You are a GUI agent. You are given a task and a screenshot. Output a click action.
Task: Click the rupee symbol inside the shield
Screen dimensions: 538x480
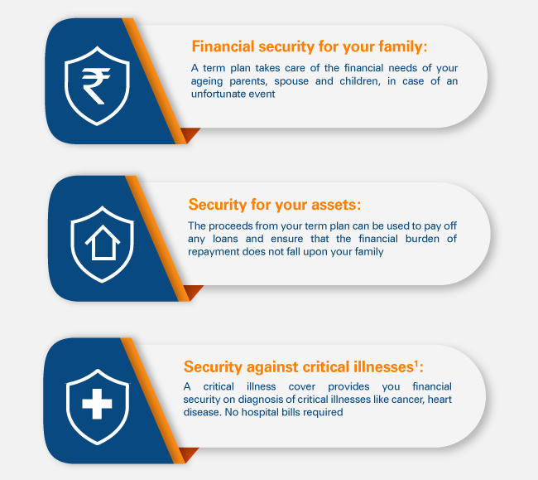(x=96, y=86)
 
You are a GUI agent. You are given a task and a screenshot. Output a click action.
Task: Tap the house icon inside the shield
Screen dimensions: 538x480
(x=103, y=243)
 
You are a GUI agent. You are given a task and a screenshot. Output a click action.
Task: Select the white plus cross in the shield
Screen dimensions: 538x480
(x=97, y=404)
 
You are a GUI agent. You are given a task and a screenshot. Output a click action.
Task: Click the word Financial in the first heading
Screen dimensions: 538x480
(x=223, y=46)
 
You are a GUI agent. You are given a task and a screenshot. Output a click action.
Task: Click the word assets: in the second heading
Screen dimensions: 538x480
(x=336, y=205)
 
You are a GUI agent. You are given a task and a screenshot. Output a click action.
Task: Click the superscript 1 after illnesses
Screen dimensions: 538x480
(x=416, y=363)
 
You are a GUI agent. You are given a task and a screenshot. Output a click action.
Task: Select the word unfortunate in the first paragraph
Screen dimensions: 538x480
(x=218, y=95)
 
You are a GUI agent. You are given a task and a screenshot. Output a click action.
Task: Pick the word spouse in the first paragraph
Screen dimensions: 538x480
(x=291, y=82)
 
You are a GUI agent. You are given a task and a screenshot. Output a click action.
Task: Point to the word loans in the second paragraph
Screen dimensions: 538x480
(x=225, y=239)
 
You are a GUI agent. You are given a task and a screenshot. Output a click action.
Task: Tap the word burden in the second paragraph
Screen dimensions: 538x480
(x=422, y=239)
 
